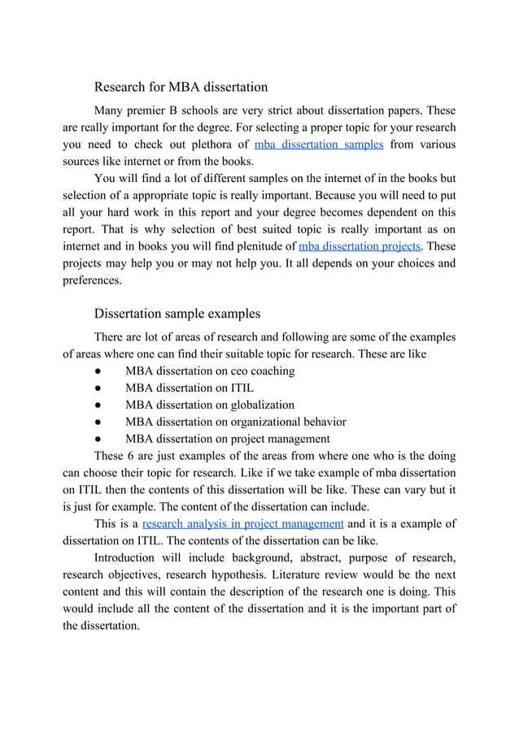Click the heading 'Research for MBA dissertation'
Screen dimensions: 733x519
tap(181, 86)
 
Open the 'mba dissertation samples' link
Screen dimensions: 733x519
tap(319, 145)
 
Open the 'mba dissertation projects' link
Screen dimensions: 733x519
tap(360, 246)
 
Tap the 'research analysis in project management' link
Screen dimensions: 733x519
tap(242, 523)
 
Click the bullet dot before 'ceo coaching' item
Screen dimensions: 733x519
tap(97, 371)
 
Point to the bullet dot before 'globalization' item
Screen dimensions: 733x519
tap(97, 406)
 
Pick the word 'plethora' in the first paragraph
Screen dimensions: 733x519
tap(224, 145)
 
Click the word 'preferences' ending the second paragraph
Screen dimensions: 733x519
tap(92, 280)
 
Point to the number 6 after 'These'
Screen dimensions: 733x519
tap(134, 456)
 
